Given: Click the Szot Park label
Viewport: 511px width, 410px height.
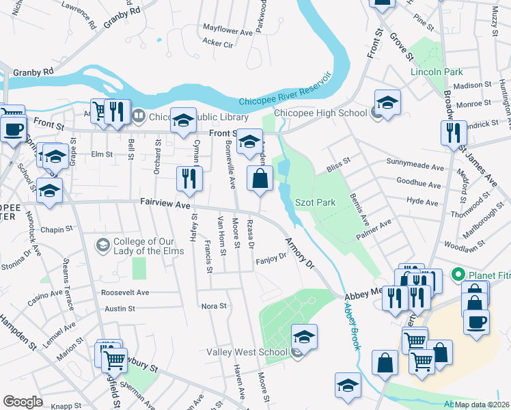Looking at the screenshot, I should [x=315, y=203].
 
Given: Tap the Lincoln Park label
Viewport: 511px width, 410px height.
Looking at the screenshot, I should [x=437, y=72].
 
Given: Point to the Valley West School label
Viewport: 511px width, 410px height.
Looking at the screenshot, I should [x=247, y=353].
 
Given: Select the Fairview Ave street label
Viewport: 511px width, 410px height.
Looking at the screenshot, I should [x=164, y=203].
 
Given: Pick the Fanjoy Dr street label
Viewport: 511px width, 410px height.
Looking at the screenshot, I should [x=271, y=260].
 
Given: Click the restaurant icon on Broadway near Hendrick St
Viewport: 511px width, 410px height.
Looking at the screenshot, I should [x=453, y=133].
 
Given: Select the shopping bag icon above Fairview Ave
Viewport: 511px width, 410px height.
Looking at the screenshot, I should [x=260, y=180].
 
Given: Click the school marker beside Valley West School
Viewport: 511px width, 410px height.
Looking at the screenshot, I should [x=304, y=336].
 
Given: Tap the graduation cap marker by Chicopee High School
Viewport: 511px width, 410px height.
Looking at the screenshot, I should [x=387, y=102].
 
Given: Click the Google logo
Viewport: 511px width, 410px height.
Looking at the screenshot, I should [x=23, y=402].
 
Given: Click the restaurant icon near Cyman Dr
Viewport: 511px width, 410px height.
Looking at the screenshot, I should [x=189, y=179].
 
